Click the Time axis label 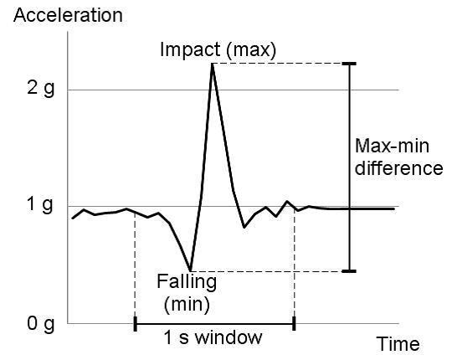click(x=398, y=344)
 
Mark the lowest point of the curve click(x=191, y=270)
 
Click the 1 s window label click(x=214, y=339)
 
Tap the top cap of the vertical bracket click(x=349, y=64)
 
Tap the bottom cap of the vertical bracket click(x=349, y=271)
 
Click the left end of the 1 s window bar click(x=135, y=323)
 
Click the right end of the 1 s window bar click(x=294, y=323)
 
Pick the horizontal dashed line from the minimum click(x=268, y=271)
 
